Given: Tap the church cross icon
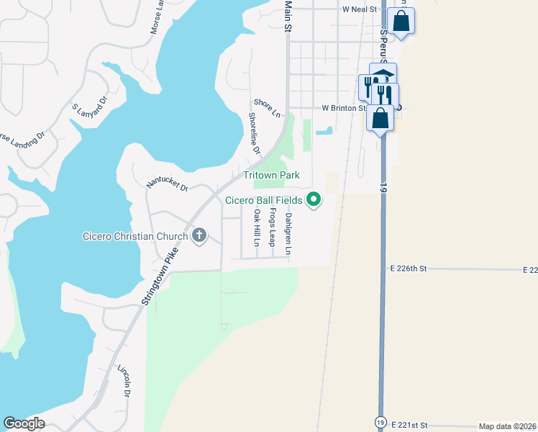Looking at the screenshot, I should click(x=199, y=235).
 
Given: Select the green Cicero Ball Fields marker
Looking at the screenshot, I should click(x=314, y=199).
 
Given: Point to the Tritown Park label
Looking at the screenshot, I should click(x=271, y=176).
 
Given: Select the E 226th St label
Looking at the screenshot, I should click(x=409, y=268).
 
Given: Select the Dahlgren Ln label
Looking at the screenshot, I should click(x=288, y=234).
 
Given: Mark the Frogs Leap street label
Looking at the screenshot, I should click(x=272, y=227).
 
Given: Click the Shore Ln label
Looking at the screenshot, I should click(x=266, y=108).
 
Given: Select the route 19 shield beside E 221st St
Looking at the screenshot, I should click(x=379, y=421).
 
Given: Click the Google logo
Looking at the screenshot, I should click(x=24, y=423).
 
